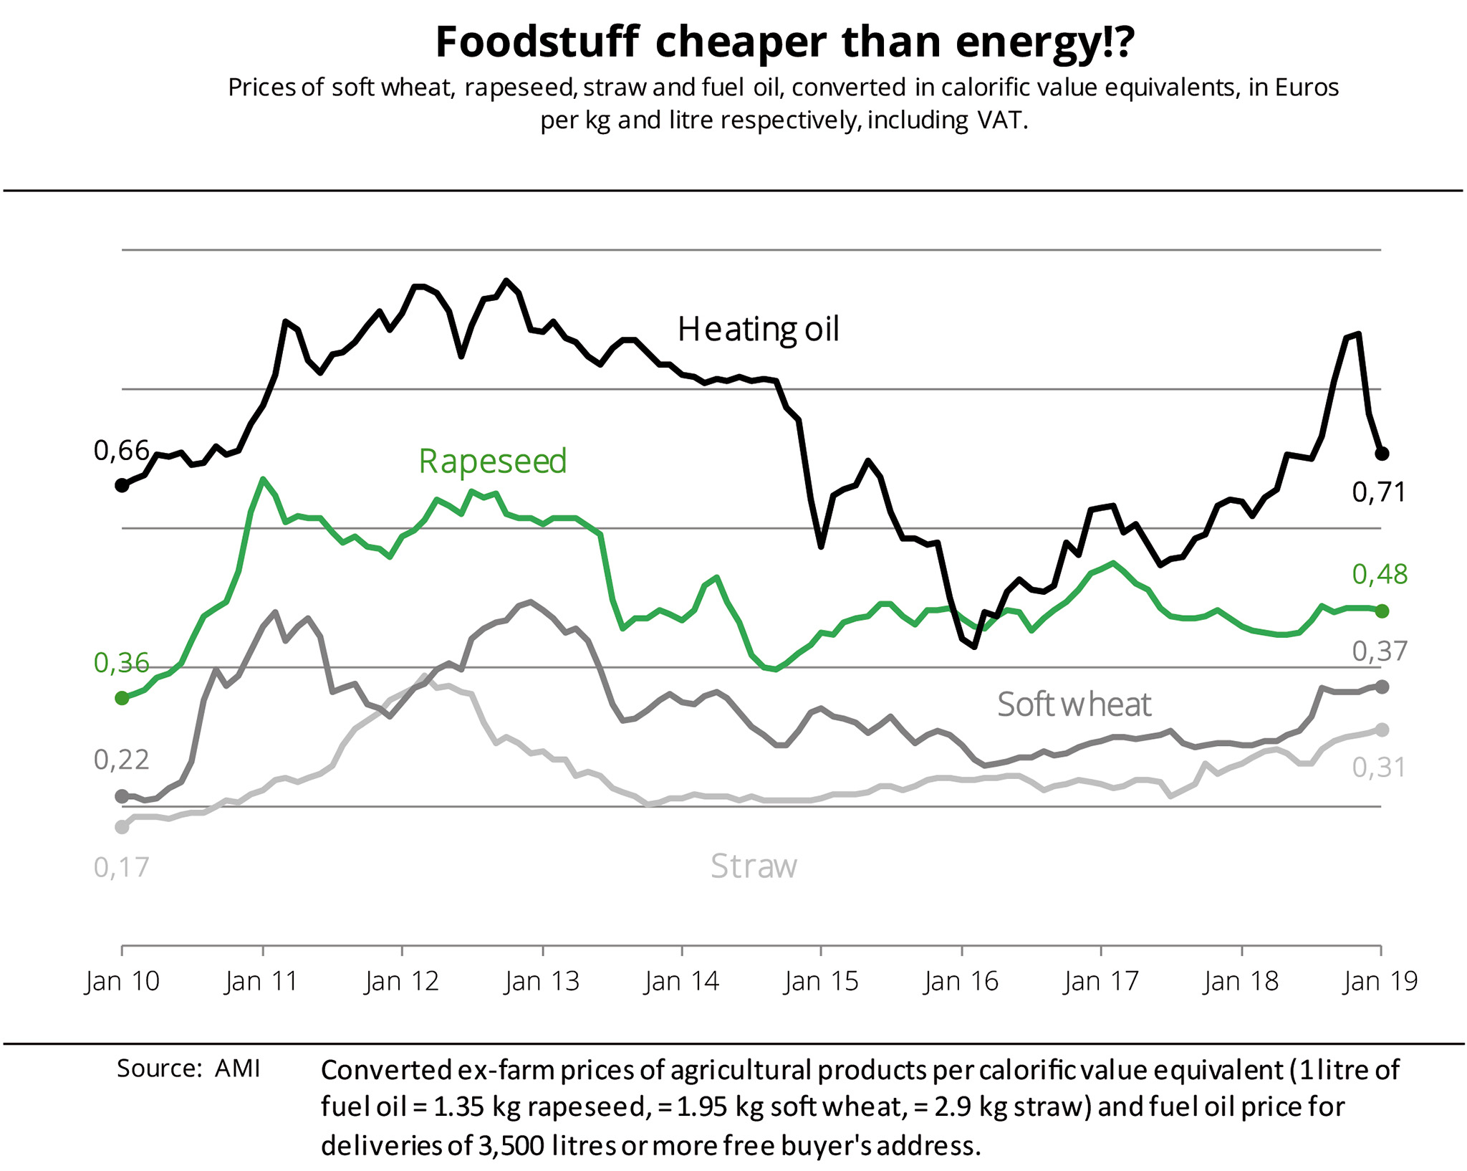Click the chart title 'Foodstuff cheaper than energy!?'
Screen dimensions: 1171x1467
coord(785,42)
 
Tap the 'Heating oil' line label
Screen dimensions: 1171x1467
coord(758,330)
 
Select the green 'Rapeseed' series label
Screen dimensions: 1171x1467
coord(493,461)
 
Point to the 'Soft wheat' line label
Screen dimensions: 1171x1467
coord(1074,704)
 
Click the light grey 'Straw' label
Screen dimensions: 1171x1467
coord(754,866)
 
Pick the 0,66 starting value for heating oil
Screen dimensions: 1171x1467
coord(121,451)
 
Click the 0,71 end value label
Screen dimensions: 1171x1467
coord(1379,492)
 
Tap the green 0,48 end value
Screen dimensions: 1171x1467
coord(1380,574)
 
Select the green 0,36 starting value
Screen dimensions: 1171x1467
coord(121,663)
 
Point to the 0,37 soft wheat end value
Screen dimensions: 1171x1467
coord(1380,651)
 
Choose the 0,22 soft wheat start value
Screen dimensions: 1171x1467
coord(121,760)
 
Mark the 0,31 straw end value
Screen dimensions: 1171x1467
coord(1379,768)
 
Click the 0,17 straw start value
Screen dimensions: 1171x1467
coord(121,867)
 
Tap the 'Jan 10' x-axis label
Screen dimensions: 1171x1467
coord(122,980)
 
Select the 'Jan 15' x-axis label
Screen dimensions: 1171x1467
coord(821,980)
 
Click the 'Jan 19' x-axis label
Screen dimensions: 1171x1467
coord(1380,980)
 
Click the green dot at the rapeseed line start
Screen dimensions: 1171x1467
coord(122,698)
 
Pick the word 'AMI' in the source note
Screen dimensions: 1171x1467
coord(237,1069)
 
